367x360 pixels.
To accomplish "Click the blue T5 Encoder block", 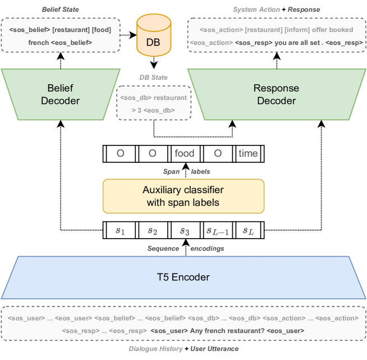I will (183, 277).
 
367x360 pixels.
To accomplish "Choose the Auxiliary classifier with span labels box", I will (182, 196).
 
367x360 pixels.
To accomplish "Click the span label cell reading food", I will (184, 153).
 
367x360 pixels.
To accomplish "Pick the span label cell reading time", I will (248, 153).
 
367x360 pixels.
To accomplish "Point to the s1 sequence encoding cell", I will (120, 230).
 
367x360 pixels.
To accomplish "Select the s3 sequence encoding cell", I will (184, 230).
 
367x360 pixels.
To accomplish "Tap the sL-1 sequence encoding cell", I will (216, 230).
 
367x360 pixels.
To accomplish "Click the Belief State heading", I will (61, 10).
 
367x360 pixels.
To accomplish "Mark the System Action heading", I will (256, 10).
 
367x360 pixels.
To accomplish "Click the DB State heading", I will (153, 77).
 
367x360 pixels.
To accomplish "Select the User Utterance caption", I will (214, 349).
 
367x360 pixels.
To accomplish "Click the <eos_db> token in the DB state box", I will (161, 110).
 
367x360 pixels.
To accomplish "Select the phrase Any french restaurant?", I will (227, 331).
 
